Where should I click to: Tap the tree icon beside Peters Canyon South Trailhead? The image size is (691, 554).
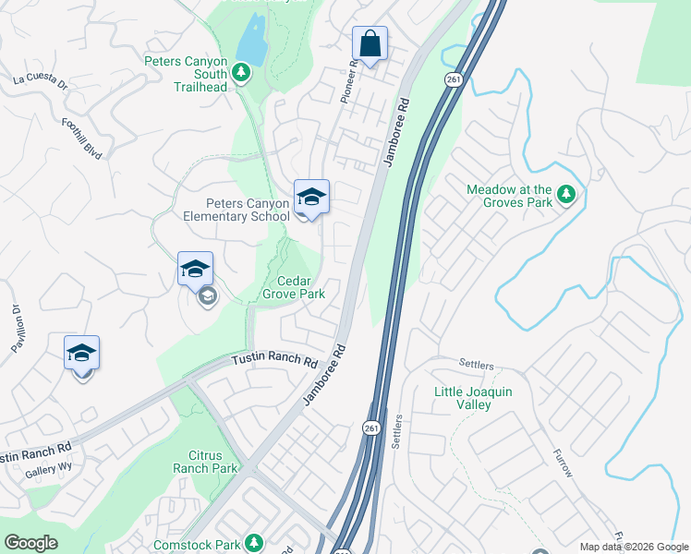241,72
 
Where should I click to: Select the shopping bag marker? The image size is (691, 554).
370,44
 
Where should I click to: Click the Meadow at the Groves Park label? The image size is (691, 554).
509,196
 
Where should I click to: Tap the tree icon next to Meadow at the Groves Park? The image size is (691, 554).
566,195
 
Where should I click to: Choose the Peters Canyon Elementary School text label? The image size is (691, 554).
241,210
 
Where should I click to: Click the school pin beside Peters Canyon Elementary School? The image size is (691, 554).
311,198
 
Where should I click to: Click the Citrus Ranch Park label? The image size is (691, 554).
200,463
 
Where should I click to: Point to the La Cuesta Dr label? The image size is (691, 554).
41,80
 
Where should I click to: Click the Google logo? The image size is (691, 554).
30,543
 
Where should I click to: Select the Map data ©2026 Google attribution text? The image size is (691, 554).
634,547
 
